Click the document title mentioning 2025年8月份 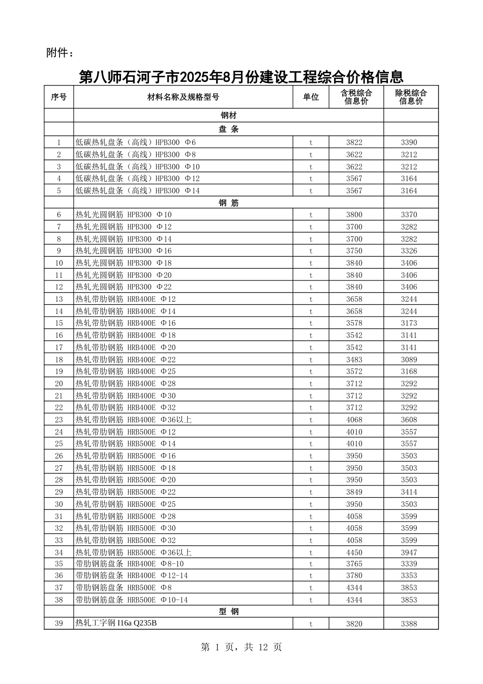click(241, 77)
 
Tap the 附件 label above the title click(60, 53)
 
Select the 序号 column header click(59, 97)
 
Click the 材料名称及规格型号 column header click(183, 97)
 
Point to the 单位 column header click(311, 97)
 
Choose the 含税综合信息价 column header click(356, 97)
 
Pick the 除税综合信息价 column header click(411, 97)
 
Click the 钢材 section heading click(229, 116)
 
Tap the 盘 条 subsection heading click(229, 129)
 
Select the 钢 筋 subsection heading click(229, 203)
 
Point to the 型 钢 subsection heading click(229, 612)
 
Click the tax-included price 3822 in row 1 click(354, 142)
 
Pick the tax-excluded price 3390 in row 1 click(409, 142)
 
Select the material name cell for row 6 click(124, 215)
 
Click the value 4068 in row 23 click(354, 420)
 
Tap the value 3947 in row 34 click(409, 552)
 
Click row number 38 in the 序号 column click(59, 600)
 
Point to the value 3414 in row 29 click(409, 492)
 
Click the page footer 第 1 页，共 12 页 click(241, 647)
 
